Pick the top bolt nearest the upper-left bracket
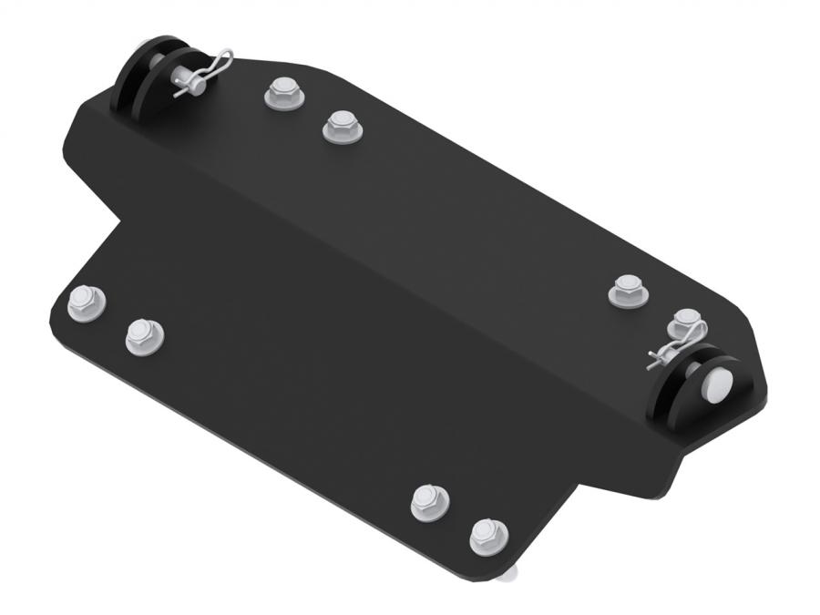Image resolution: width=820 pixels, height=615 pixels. coord(283,95)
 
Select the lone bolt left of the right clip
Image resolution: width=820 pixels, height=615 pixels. coord(627,291)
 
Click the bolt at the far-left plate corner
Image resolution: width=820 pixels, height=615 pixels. coord(83,302)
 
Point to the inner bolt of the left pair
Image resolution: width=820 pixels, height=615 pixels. coord(144,337)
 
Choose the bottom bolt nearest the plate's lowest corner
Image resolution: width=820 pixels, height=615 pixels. coord(489,535)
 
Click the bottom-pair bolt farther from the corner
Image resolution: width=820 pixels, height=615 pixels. coord(428,501)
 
